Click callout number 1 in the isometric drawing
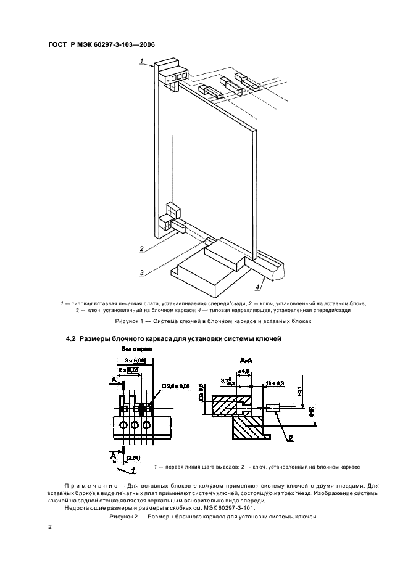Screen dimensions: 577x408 pos(141,60)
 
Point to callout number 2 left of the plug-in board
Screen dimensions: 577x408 pos(141,249)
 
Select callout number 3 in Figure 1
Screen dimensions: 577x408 pos(141,272)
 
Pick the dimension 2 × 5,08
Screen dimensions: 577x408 pos(129,369)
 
